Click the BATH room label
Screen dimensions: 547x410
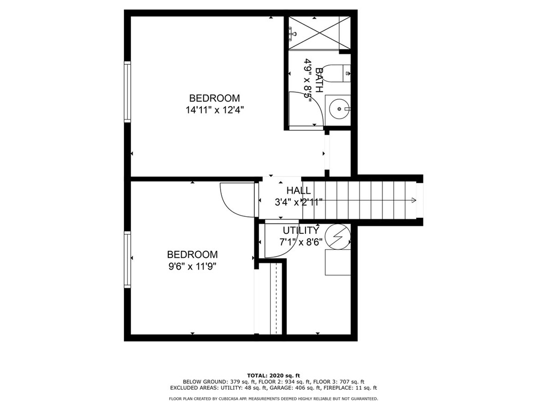coord(319,80)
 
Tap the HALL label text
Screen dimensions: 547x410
coord(299,191)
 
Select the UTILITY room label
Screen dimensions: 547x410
coord(301,231)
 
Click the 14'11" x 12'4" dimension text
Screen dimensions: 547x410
coord(215,110)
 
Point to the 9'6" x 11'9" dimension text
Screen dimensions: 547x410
coord(192,267)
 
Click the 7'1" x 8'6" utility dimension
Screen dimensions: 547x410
coord(301,242)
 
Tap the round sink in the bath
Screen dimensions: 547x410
coord(338,109)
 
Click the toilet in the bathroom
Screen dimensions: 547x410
coord(335,74)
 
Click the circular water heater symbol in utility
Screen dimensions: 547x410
coord(338,236)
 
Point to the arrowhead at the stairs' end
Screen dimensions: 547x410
coord(414,200)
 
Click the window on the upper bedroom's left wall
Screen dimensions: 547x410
coord(127,92)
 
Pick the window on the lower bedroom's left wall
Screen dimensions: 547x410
coord(127,259)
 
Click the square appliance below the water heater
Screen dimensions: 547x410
coord(338,262)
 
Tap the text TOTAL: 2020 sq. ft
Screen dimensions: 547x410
coord(273,375)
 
